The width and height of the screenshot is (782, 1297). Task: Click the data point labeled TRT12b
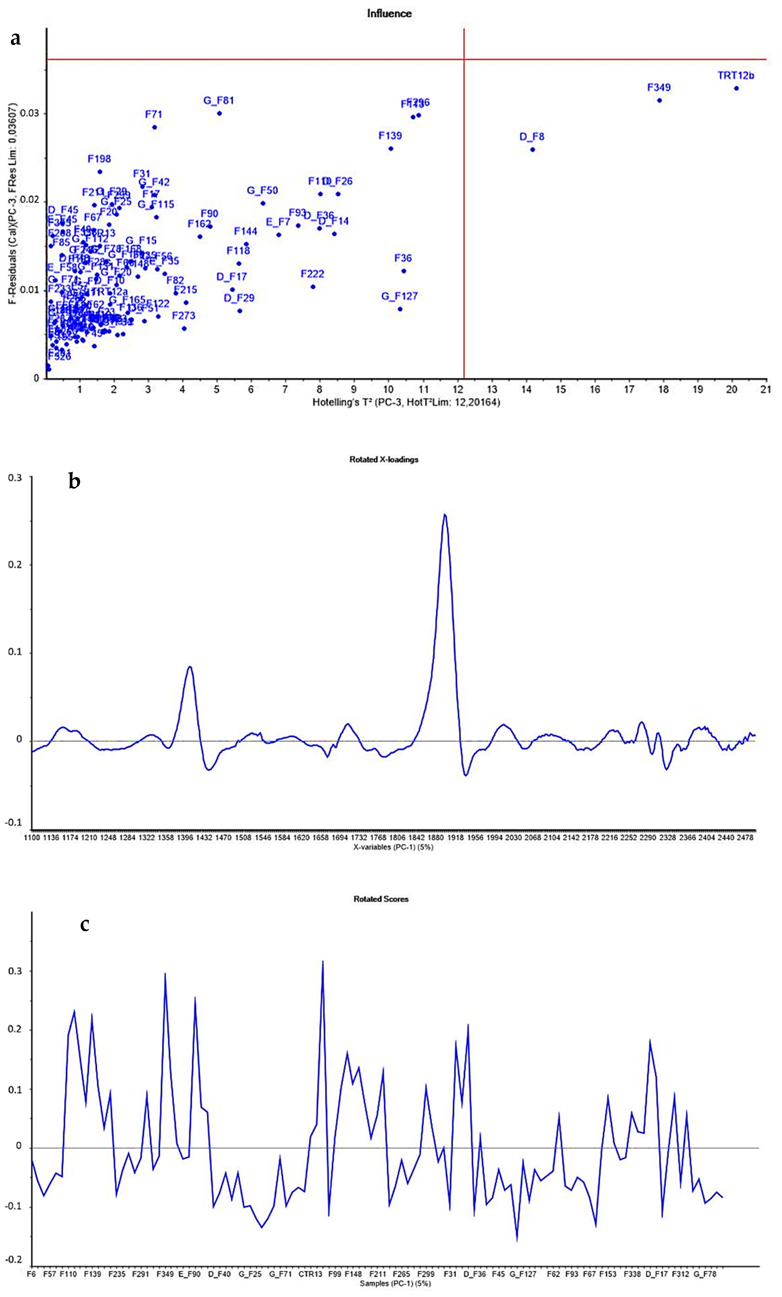tap(736, 88)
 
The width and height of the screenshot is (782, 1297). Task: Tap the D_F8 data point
tap(533, 149)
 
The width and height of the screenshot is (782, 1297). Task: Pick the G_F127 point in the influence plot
tap(400, 309)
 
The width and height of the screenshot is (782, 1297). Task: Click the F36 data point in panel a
tap(404, 271)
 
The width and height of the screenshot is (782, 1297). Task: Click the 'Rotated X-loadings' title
tap(384, 460)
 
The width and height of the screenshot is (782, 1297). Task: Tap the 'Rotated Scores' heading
tap(381, 899)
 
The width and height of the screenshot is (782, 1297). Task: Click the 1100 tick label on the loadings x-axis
tap(32, 837)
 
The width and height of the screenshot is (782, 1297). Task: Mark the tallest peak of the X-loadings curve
tap(445, 515)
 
